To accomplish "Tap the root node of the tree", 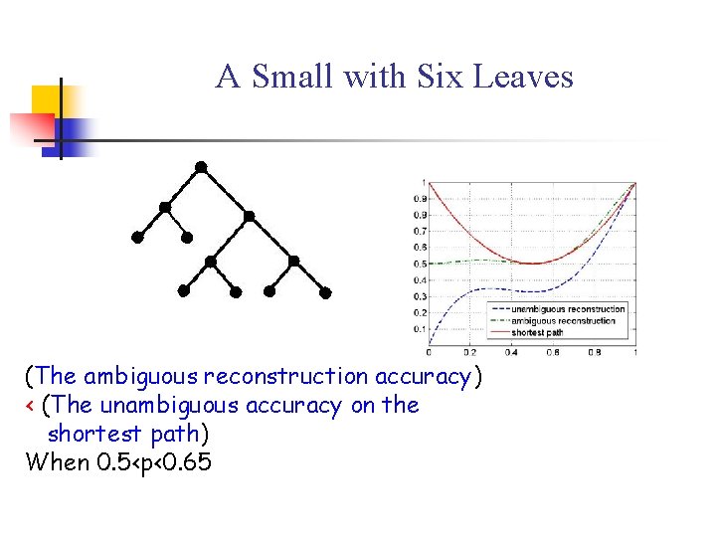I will point(201,166).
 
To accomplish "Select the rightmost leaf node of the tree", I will point(325,293).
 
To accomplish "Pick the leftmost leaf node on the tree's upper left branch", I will point(137,238).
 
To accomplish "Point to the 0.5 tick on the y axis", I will point(420,264).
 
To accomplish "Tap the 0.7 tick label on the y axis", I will point(420,231).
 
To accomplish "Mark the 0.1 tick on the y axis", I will point(420,329).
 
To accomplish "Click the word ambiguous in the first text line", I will point(140,377).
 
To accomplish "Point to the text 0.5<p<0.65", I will point(151,462).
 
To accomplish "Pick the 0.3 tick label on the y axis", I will point(420,296).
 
